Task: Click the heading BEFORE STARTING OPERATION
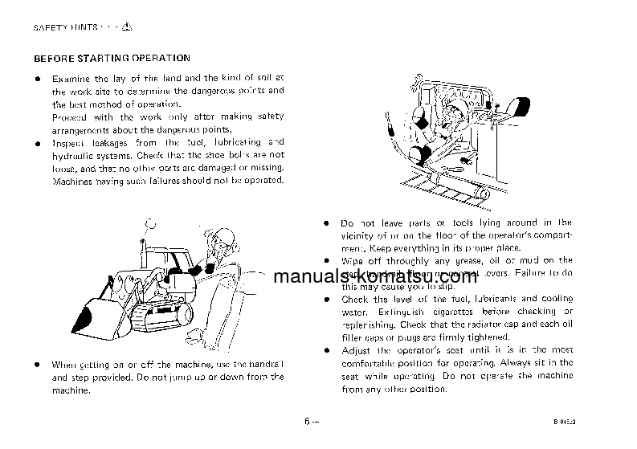(111, 58)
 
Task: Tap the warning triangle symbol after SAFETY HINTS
(127, 27)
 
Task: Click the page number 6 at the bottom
(308, 421)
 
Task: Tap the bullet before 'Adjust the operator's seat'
(326, 350)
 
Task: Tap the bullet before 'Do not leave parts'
(326, 222)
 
